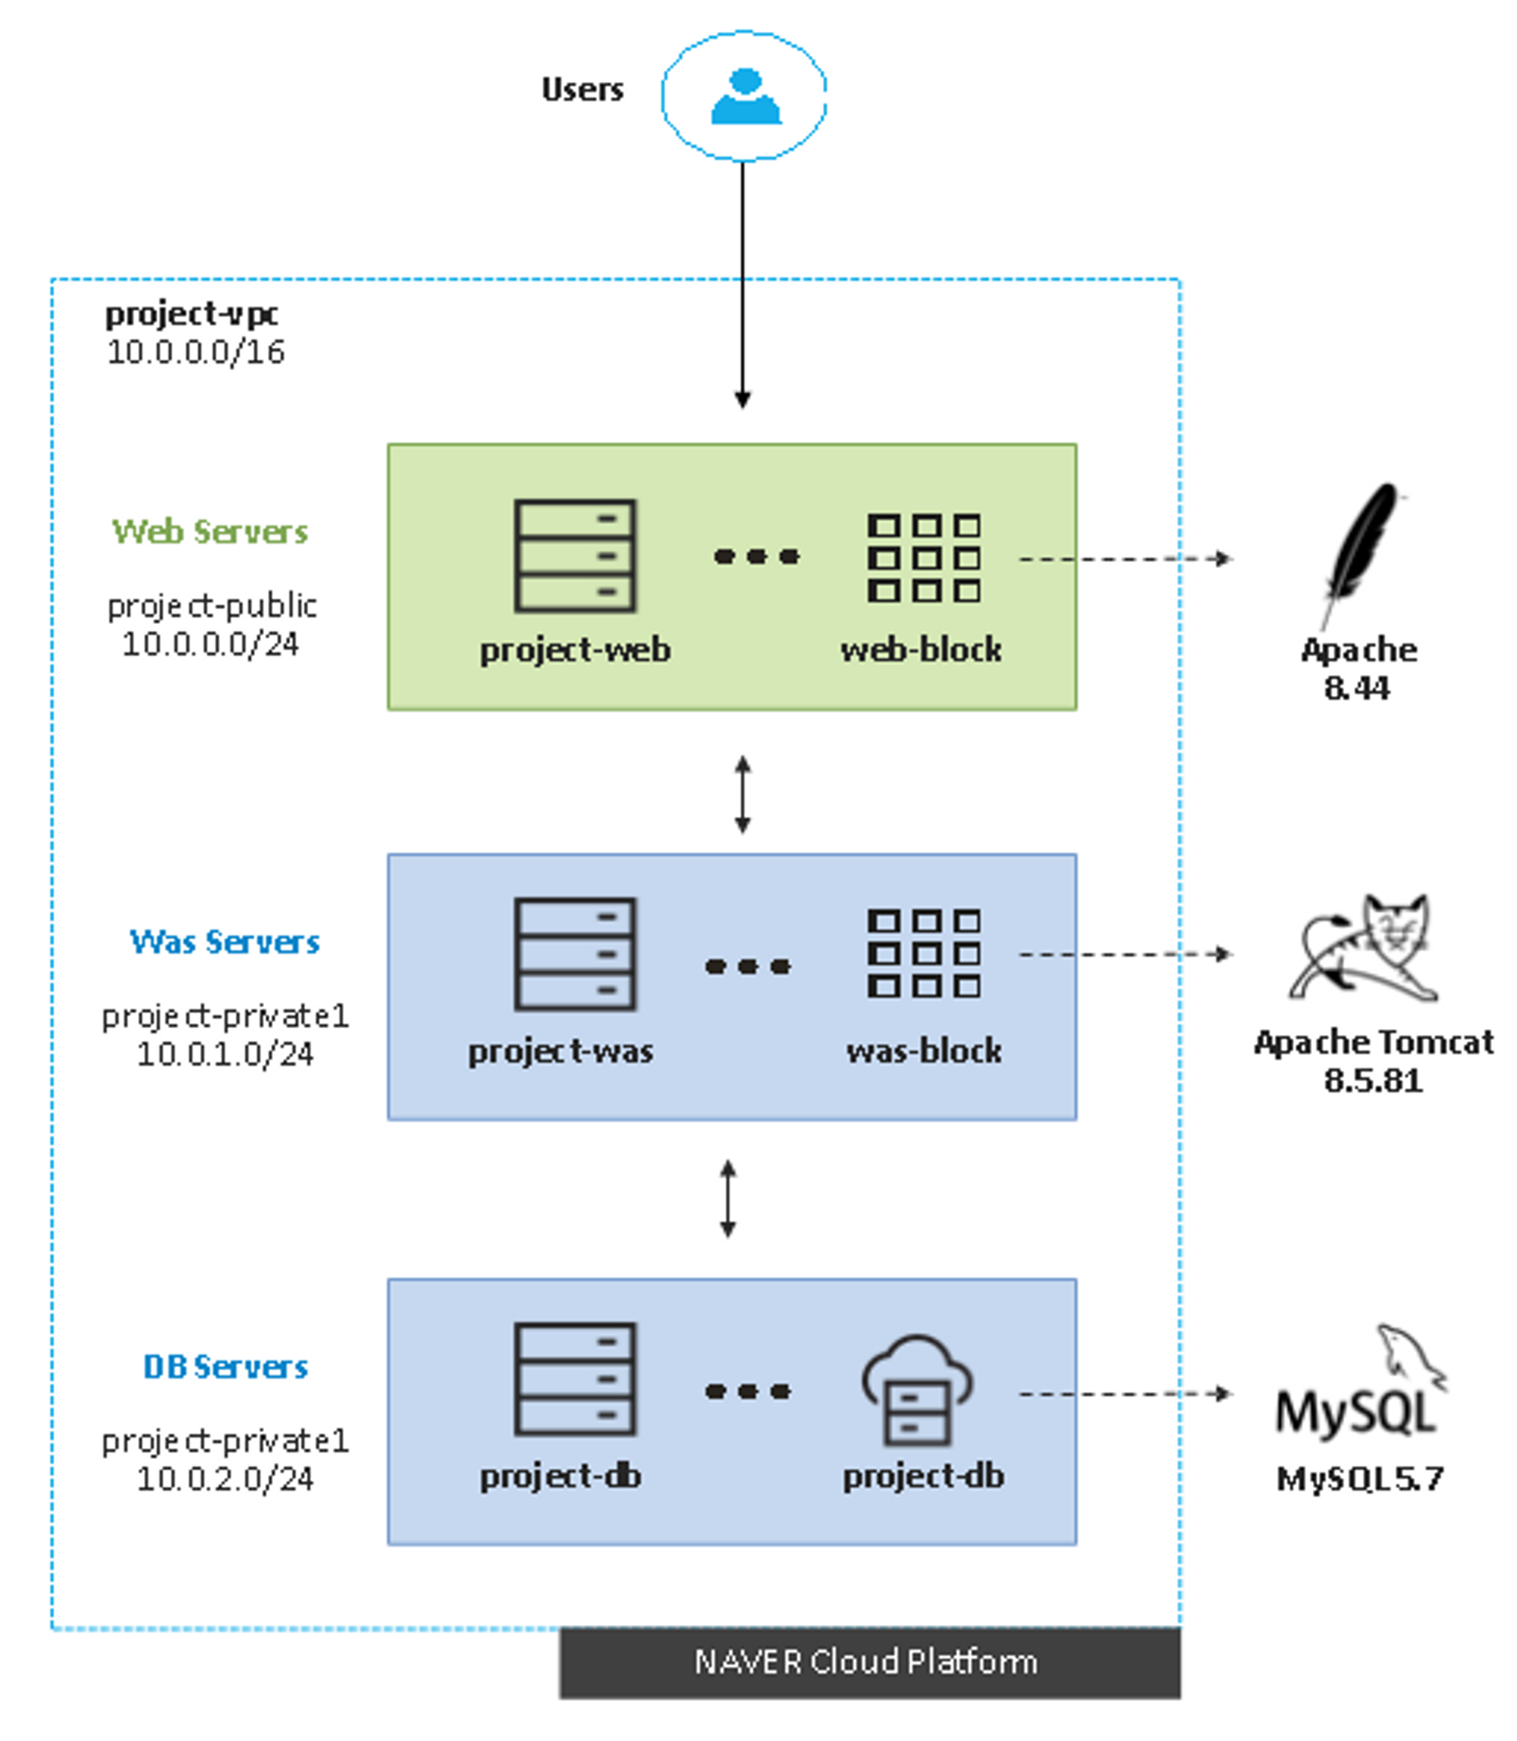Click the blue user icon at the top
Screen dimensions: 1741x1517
coord(744,96)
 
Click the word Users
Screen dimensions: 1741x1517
coord(583,89)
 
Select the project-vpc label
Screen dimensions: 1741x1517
coord(191,314)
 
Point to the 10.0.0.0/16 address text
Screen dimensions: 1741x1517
coord(196,352)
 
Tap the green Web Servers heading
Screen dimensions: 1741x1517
coord(210,532)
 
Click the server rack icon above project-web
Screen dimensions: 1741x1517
coord(575,556)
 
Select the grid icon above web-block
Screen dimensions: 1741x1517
coord(924,558)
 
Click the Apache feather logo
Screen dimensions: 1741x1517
coord(1362,551)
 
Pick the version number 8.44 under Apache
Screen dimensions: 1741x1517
coord(1357,688)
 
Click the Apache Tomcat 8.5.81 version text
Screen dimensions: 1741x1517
coord(1373,1081)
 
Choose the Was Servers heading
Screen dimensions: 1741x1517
coord(225,941)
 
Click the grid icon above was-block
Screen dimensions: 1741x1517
coord(924,954)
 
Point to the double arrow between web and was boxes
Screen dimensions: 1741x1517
coord(743,795)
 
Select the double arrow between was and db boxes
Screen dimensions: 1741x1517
coord(728,1199)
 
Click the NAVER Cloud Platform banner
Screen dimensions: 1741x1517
coord(869,1661)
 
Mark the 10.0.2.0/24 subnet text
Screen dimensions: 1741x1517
coord(225,1479)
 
